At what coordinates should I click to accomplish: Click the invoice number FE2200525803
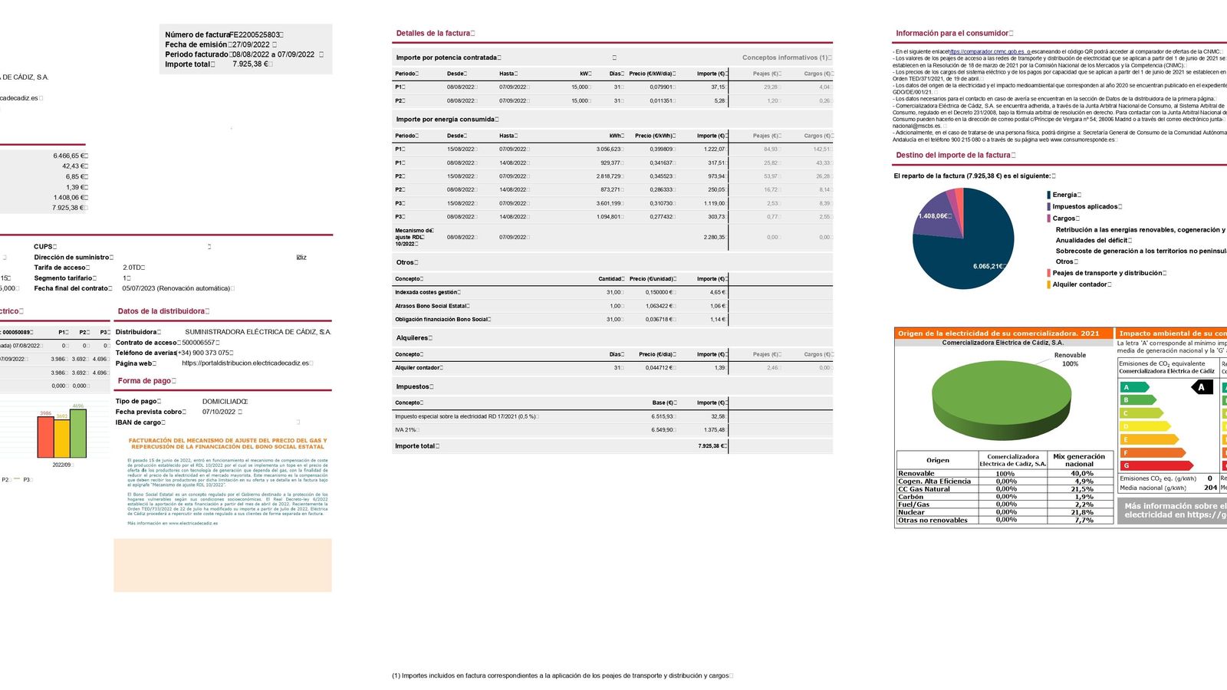tap(256, 34)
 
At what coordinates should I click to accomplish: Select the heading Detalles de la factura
tap(433, 33)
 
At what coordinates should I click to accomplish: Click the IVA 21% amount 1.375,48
tap(712, 430)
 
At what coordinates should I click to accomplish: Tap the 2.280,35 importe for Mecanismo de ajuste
tap(713, 237)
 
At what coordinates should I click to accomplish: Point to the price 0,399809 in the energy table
tap(660, 149)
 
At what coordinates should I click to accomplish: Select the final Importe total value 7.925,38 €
tap(710, 446)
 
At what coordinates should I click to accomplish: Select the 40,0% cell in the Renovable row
tap(1081, 474)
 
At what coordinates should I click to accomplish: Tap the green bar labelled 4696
tap(78, 433)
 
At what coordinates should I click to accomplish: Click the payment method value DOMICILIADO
tap(224, 401)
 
